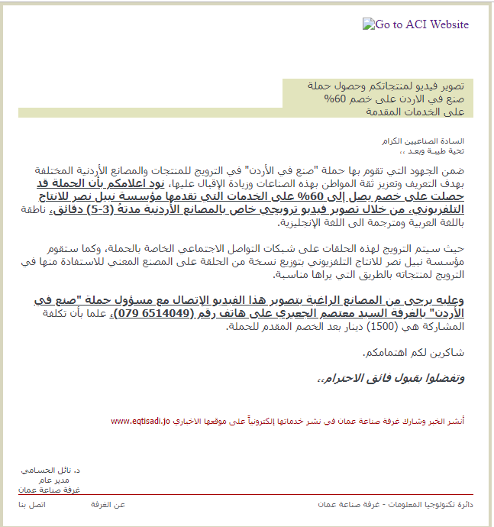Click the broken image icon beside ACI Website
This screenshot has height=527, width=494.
(367, 24)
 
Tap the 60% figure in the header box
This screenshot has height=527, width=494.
(336, 99)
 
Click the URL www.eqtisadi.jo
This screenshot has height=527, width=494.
(142, 421)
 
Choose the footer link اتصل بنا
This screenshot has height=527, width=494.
(33, 506)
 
